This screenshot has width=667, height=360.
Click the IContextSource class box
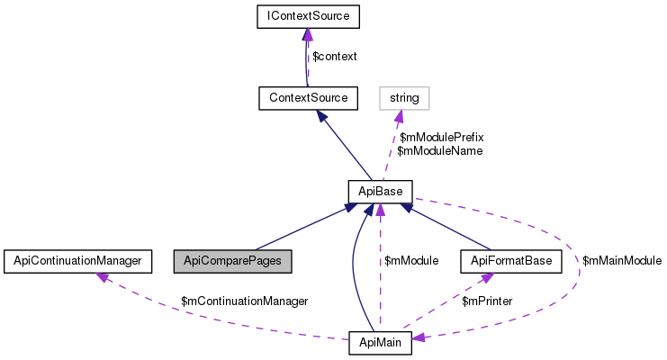[x=308, y=16]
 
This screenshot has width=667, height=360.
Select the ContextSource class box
[x=308, y=95]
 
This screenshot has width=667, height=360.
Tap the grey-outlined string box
[x=404, y=95]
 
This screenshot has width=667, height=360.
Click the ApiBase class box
[x=380, y=191]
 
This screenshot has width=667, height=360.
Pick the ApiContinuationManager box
[x=74, y=261]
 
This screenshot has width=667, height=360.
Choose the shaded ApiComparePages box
[x=232, y=261]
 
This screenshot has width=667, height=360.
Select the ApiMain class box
[x=380, y=342]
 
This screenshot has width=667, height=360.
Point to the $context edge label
[x=334, y=56]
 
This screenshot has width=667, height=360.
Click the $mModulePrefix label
[x=441, y=138]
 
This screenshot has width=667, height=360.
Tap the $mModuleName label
[x=439, y=151]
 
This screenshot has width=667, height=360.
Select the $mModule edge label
[x=410, y=261]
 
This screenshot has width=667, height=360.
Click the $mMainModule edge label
[x=622, y=261]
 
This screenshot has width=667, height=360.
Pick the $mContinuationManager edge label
[x=244, y=301]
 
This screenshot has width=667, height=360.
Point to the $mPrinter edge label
[x=487, y=301]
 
